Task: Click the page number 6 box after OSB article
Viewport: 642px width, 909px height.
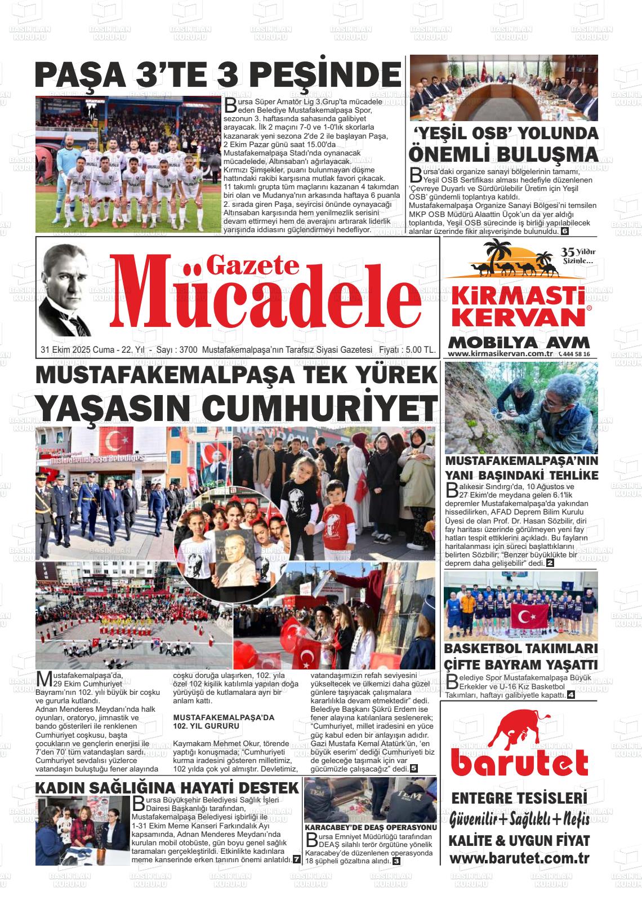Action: point(565,231)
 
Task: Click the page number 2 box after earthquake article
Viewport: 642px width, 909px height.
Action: point(550,563)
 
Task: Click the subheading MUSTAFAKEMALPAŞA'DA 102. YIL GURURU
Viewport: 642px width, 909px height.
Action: point(224,722)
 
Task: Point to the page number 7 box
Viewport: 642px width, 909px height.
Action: point(296,859)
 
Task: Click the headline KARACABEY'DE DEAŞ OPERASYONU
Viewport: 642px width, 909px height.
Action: point(371,827)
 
